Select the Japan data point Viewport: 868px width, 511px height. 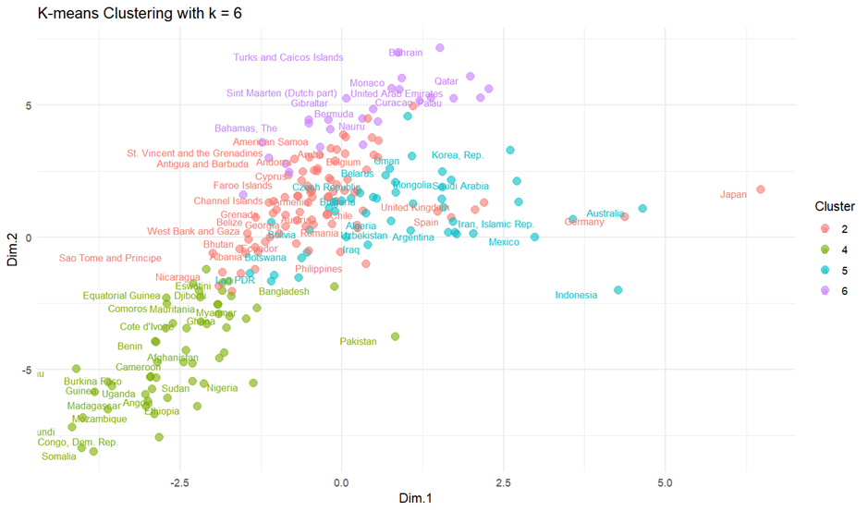click(x=761, y=189)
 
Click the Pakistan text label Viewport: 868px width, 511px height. click(x=359, y=342)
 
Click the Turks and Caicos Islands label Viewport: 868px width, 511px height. click(x=288, y=57)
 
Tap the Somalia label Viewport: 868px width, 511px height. click(x=59, y=456)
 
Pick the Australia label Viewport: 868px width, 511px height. click(x=605, y=214)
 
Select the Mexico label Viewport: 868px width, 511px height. click(x=504, y=242)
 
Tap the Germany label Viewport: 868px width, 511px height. click(x=584, y=222)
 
